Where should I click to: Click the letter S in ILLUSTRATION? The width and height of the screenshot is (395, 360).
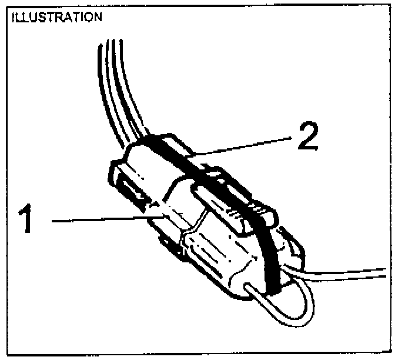(35, 17)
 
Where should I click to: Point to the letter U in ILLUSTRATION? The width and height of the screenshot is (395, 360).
(29, 17)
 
